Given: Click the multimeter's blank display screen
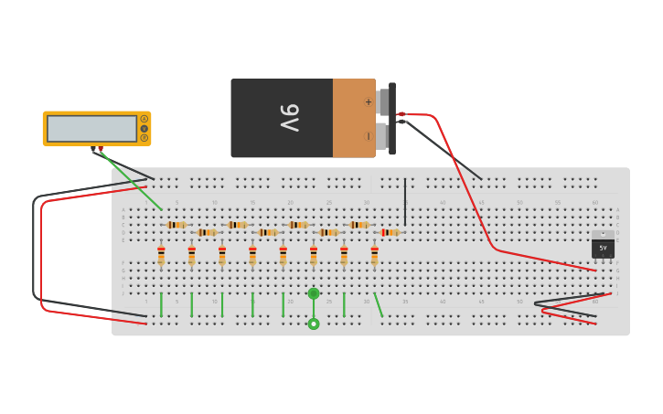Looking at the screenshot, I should click(91, 128).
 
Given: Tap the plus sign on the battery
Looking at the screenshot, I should click(369, 101).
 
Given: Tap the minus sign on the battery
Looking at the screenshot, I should click(369, 136).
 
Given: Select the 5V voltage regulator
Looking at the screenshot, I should click(603, 247).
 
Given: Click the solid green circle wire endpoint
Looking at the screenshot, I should click(314, 293).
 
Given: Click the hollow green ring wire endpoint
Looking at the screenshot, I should click(314, 324).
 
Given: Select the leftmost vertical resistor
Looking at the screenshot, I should click(161, 255).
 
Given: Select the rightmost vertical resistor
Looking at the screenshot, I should click(374, 255).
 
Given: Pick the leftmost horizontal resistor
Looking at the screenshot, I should click(176, 225).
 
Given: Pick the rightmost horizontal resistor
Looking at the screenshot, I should click(390, 232).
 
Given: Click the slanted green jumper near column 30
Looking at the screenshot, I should click(379, 305).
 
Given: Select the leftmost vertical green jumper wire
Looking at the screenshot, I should click(161, 304).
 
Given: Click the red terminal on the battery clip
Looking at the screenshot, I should click(401, 114).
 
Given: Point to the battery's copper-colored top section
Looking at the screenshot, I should click(353, 118).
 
